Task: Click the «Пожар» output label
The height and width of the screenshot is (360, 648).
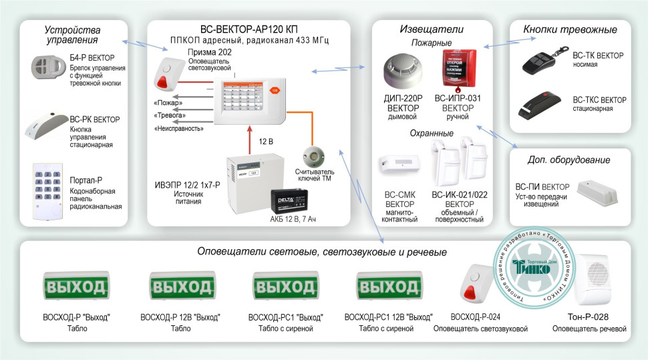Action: (x=167, y=104)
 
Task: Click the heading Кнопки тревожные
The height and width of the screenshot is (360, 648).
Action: (x=570, y=29)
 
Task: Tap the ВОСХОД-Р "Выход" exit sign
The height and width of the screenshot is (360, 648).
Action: (x=75, y=287)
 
